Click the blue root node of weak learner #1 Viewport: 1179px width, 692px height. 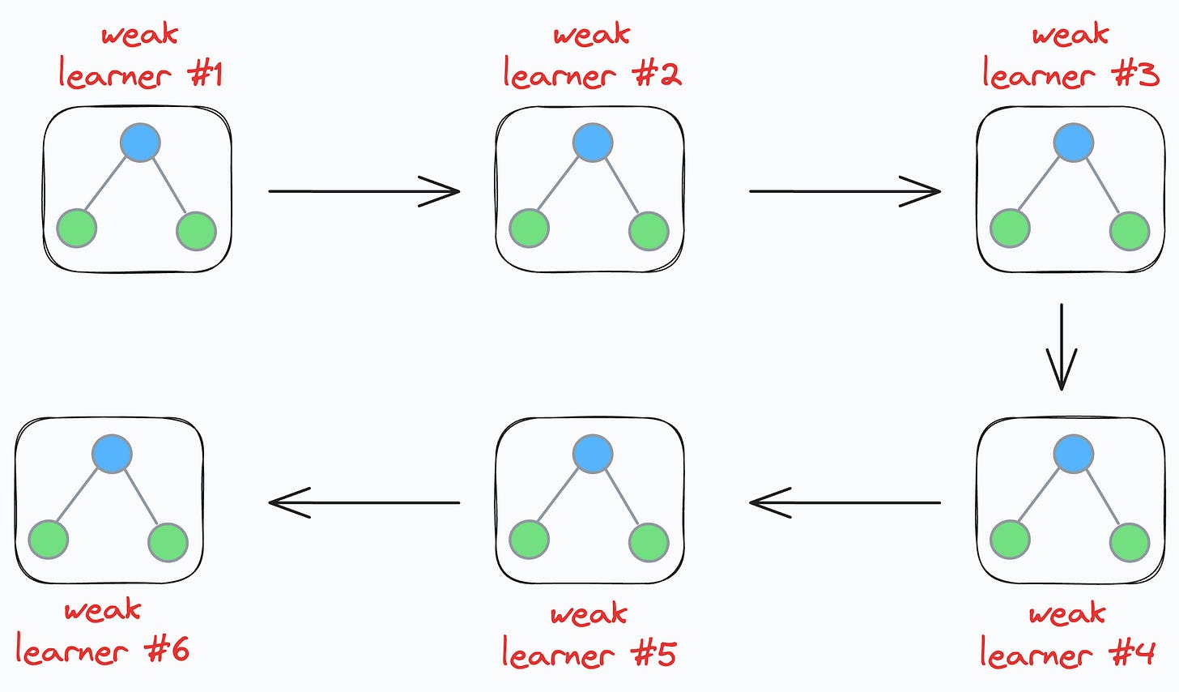tap(141, 143)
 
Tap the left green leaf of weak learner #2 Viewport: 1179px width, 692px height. tap(529, 229)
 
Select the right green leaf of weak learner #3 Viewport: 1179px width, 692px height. tap(1130, 230)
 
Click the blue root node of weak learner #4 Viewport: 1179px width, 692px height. tap(1074, 455)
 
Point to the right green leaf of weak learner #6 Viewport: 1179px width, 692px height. tap(168, 542)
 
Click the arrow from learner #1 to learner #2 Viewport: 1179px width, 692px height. tap(364, 192)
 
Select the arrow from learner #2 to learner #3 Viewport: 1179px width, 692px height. tap(845, 192)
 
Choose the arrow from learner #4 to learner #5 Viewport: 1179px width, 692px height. tap(845, 503)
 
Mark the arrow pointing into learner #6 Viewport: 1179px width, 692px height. tap(364, 502)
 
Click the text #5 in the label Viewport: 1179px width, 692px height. tap(653, 653)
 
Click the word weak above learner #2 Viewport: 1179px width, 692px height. tap(591, 35)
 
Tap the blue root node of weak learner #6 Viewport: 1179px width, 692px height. tap(112, 454)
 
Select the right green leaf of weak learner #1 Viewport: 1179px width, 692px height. tap(196, 231)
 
